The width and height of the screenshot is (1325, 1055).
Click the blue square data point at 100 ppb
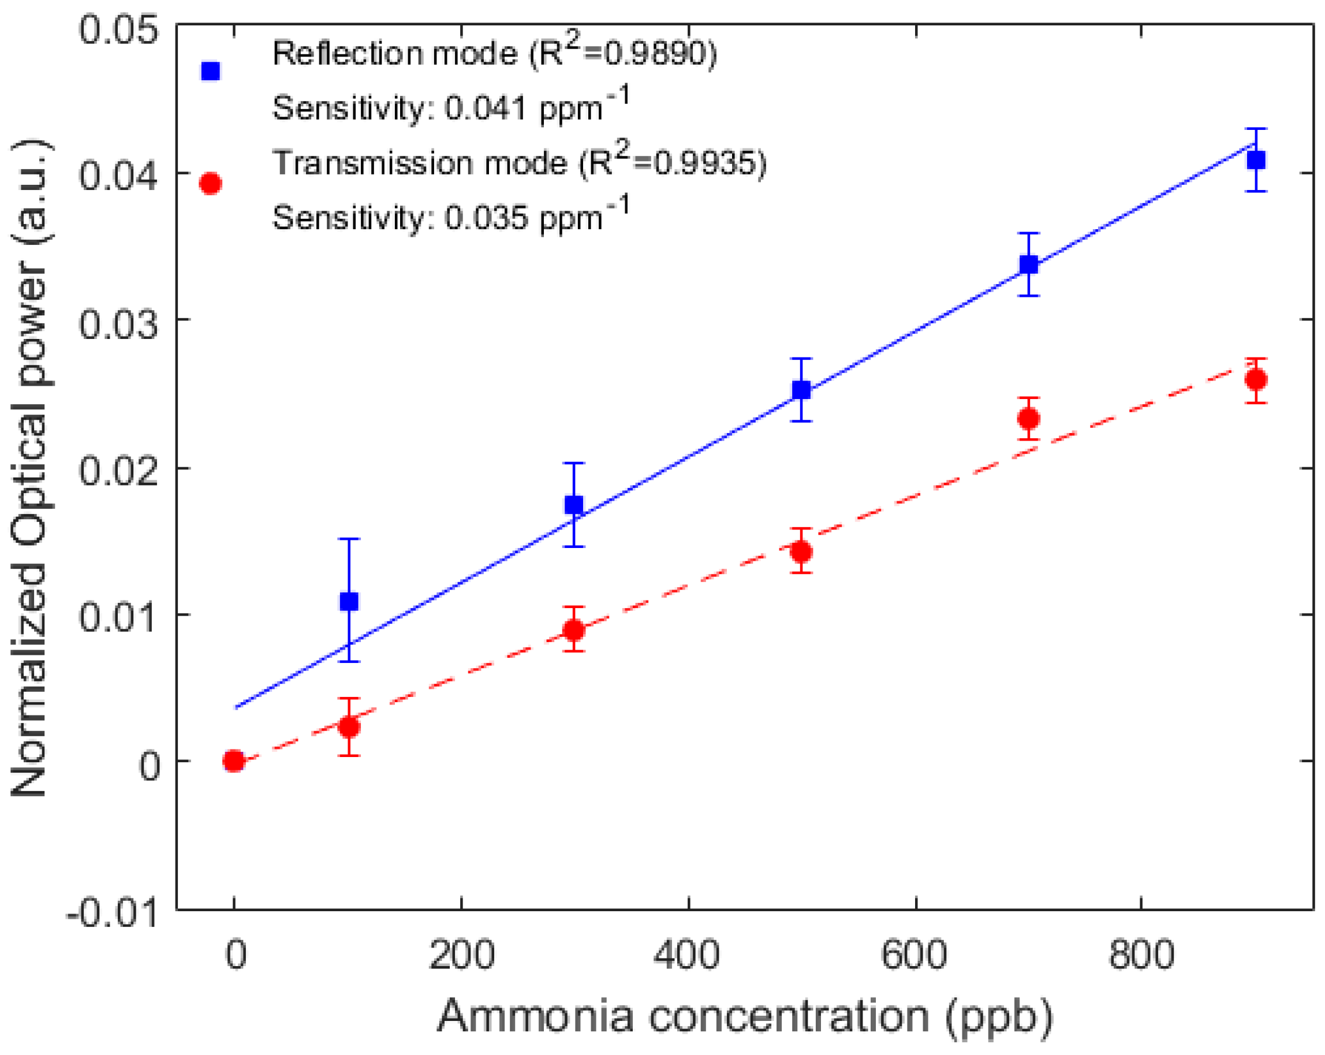(349, 601)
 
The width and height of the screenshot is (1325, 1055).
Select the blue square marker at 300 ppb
(574, 505)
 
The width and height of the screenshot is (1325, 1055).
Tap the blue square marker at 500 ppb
(801, 390)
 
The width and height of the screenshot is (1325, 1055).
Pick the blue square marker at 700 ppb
(1029, 265)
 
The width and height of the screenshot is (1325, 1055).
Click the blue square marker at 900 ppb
(1256, 161)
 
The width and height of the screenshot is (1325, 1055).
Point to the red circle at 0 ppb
(233, 761)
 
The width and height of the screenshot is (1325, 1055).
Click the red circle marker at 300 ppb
(574, 630)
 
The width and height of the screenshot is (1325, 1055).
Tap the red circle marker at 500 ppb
(801, 551)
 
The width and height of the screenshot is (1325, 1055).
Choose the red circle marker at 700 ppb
(1029, 419)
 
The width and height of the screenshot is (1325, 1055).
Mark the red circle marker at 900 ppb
(1256, 380)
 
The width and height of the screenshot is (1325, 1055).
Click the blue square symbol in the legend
(211, 72)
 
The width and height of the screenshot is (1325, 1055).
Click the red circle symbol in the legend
(211, 184)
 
